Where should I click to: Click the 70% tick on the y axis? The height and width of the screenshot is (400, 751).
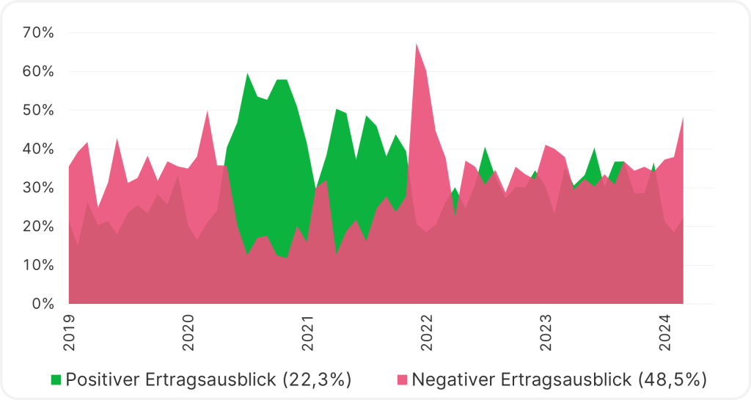pyautogui.click(x=38, y=33)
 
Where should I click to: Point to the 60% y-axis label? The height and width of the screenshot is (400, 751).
pyautogui.click(x=38, y=72)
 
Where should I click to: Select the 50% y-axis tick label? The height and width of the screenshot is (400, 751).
pyautogui.click(x=38, y=110)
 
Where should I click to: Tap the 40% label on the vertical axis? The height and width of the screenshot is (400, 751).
pyautogui.click(x=38, y=149)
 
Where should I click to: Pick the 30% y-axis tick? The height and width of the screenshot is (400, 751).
pyautogui.click(x=38, y=188)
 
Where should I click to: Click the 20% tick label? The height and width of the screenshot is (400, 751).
pyautogui.click(x=38, y=226)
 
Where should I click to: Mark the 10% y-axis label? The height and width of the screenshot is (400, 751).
pyautogui.click(x=38, y=265)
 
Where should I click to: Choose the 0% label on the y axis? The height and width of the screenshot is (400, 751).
pyautogui.click(x=42, y=303)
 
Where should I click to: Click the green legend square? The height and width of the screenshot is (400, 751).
pyautogui.click(x=56, y=379)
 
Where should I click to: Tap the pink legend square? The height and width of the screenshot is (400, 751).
pyautogui.click(x=402, y=379)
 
